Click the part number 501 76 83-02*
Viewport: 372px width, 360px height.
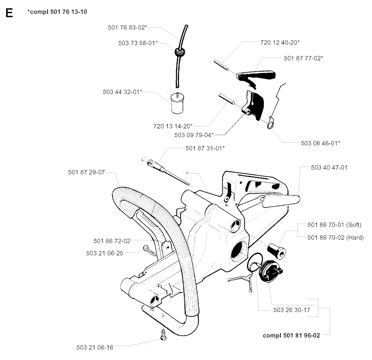127,27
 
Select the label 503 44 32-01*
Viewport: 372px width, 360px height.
122,92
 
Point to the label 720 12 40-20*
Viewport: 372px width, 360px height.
280,43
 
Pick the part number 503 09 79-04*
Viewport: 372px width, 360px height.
194,135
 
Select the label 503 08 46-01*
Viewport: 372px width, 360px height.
320,143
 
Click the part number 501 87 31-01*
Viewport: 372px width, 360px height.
205,148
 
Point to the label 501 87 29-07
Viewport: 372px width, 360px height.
86,172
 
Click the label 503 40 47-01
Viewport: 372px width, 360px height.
329,168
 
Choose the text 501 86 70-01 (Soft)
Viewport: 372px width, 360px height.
334,224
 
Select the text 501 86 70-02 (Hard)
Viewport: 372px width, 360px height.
335,237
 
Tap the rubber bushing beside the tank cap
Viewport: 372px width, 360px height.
276,249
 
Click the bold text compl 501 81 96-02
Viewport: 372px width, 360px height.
291,335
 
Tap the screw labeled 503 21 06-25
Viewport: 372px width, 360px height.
149,251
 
